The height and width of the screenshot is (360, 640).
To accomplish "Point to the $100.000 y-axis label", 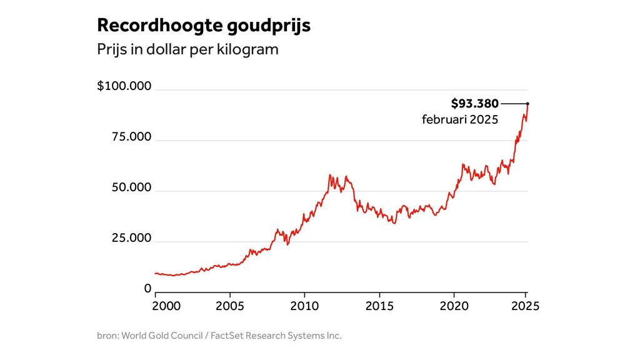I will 124,86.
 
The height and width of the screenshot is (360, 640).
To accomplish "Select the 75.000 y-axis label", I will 131,137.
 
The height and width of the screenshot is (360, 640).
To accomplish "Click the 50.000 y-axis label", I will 131,187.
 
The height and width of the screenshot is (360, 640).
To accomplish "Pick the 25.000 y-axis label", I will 131,238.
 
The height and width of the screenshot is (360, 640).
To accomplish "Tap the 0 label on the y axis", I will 148,289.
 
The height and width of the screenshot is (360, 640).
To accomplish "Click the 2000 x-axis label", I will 166,306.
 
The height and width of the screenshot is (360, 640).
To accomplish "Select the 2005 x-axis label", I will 230,306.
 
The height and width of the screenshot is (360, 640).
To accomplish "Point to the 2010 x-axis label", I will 304,306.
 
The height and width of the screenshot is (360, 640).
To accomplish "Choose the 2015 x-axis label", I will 379,306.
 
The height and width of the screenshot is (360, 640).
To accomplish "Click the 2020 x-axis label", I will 454,306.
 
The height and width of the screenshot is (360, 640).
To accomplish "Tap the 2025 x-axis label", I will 525,306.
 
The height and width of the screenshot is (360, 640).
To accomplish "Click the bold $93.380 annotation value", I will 474,104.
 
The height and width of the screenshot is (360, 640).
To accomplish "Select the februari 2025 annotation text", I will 460,119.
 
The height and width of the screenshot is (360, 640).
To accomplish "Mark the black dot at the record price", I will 527,104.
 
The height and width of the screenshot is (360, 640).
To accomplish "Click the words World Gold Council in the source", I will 162,336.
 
